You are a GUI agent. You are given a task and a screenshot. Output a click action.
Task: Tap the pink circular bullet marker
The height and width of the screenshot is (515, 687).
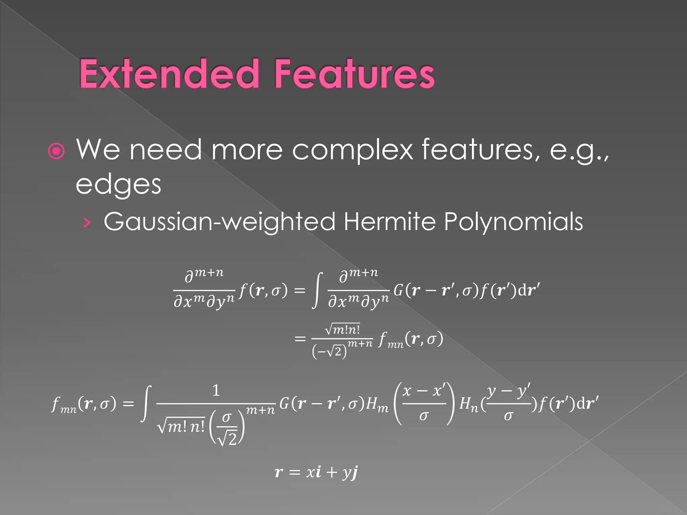point(56,151)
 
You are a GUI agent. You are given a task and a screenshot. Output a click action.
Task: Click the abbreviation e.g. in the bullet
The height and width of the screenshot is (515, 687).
point(579,150)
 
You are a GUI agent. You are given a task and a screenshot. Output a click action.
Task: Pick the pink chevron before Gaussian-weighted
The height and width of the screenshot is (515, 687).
point(87,222)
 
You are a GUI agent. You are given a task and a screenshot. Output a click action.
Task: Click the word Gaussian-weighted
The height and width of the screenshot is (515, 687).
point(219,222)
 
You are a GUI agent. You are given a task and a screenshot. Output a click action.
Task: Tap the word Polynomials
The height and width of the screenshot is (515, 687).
point(513,222)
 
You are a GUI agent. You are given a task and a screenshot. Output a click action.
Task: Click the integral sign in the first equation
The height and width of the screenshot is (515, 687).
point(317,290)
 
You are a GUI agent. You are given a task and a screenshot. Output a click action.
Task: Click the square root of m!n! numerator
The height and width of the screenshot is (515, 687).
point(342,329)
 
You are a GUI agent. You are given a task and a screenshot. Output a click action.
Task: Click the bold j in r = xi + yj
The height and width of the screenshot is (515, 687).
point(354,472)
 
